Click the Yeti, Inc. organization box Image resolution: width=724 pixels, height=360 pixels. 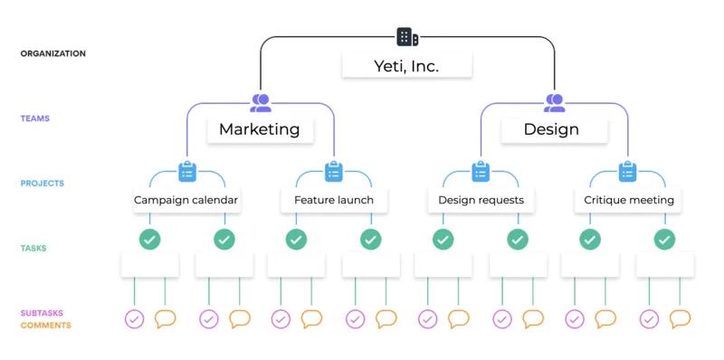[x=406, y=66]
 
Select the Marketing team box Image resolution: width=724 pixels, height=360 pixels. [x=260, y=129]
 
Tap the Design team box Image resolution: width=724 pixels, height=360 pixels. [x=551, y=129]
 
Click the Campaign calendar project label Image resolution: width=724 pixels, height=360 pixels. [x=187, y=200]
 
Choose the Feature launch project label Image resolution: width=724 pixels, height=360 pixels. [x=334, y=200]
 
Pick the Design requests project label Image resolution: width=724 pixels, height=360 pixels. [x=481, y=200]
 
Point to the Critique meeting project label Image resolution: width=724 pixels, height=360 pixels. [x=627, y=200]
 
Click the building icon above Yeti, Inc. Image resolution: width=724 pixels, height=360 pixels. [x=407, y=37]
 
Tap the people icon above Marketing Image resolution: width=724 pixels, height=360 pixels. [x=261, y=102]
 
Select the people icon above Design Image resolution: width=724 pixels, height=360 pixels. [x=554, y=102]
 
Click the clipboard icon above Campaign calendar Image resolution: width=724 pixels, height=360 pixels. [x=187, y=171]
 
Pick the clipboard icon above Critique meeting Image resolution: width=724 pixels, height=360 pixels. [x=627, y=171]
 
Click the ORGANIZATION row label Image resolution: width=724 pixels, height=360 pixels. [x=53, y=54]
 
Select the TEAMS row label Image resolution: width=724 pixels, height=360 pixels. [x=35, y=118]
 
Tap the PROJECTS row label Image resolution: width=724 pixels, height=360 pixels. [x=43, y=184]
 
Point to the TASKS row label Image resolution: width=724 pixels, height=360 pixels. [x=33, y=248]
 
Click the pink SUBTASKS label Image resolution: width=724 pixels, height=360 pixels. [x=43, y=313]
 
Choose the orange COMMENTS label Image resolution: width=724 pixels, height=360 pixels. [x=45, y=325]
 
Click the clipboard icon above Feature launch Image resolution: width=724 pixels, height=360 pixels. [x=334, y=171]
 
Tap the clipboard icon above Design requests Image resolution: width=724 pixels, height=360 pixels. [x=481, y=171]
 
